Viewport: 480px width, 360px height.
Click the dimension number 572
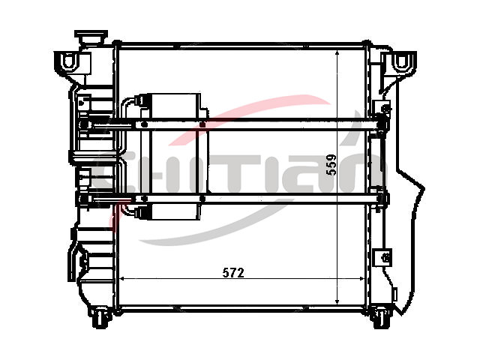pyautogui.click(x=233, y=272)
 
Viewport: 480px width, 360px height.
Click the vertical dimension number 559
pyautogui.click(x=331, y=164)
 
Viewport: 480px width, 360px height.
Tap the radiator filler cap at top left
pyautogui.click(x=91, y=37)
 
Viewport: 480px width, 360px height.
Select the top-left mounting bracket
pyautogui.click(x=73, y=63)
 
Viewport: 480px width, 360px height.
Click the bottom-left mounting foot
pyautogui.click(x=100, y=317)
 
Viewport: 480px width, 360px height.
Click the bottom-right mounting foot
pyautogui.click(x=381, y=317)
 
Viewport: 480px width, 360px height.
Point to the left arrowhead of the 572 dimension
pyautogui.click(x=121, y=278)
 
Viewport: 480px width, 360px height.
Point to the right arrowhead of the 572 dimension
pyautogui.click(x=362, y=278)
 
